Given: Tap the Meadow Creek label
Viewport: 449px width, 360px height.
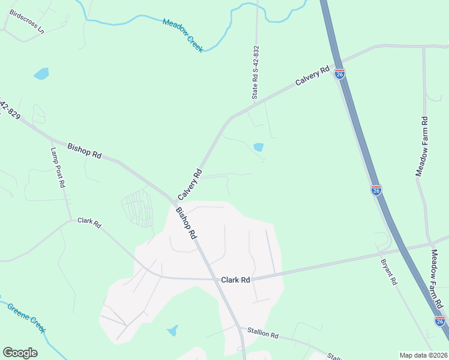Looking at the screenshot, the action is pos(183,35).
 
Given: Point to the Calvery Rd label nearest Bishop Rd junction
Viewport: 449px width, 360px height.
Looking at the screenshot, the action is pos(188,185).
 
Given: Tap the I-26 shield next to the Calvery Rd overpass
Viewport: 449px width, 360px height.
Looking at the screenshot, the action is pos(340,74).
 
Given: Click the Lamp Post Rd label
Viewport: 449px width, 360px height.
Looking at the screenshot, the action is pos(58,168).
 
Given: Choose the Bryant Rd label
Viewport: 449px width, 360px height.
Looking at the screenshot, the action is pos(389,272).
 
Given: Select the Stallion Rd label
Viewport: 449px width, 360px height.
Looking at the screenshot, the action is pos(259,332).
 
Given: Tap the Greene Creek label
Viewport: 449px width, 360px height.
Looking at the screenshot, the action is pos(26,317).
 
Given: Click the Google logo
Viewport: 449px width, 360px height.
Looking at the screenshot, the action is pos(20,353).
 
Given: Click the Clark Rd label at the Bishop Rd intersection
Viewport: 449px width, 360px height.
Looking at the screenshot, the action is pos(235,280).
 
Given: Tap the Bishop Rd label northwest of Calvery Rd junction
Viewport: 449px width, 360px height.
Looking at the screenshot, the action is pos(84,150).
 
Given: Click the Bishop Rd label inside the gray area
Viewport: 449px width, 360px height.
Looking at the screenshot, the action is pos(186,223).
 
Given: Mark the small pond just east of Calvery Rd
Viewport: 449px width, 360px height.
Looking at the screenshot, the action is pos(259,147).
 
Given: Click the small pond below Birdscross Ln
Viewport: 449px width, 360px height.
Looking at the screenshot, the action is pos(41,74).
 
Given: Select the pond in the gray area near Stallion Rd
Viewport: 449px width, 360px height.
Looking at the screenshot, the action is pos(173,330).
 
